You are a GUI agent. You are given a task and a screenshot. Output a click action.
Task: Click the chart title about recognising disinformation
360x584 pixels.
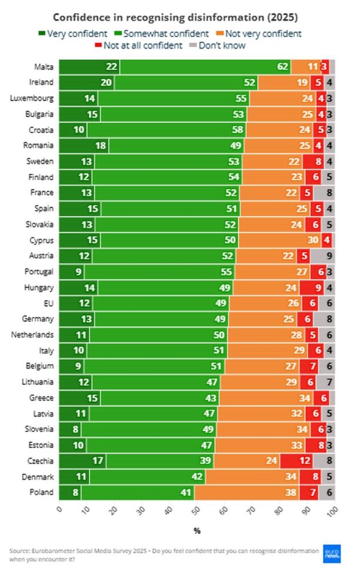pyautogui.click(x=175, y=18)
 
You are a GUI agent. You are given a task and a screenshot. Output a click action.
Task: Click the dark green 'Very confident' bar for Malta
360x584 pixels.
pyautogui.click(x=89, y=67)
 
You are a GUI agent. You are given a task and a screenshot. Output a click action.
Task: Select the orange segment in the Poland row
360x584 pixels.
pyautogui.click(x=246, y=492)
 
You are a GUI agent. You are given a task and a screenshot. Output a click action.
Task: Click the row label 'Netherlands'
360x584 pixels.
pyautogui.click(x=33, y=335)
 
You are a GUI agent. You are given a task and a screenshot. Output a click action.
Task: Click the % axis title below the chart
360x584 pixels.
pyautogui.click(x=197, y=531)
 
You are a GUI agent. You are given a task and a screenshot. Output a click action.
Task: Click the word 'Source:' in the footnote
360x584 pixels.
pyautogui.click(x=22, y=551)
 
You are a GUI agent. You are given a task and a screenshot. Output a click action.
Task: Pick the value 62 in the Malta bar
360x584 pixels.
pyautogui.click(x=283, y=67)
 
